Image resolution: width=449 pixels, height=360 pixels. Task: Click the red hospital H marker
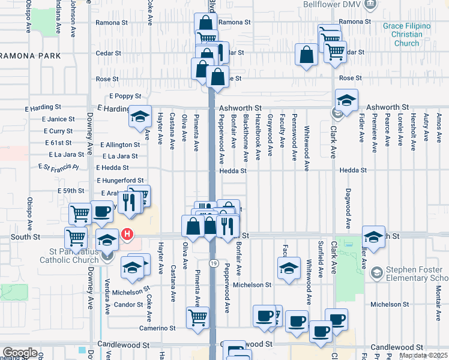(127, 235)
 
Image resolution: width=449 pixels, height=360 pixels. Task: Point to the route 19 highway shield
(214, 263)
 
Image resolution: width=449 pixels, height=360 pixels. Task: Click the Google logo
(19, 353)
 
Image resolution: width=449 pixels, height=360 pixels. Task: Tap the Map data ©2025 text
(423, 355)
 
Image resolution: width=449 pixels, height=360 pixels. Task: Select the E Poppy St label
(124, 96)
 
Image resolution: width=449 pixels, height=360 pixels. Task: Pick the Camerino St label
(158, 328)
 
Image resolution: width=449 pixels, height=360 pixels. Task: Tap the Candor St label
(125, 305)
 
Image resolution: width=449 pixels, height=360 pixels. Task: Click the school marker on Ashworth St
(346, 100)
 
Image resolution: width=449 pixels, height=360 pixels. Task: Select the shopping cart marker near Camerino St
(197, 317)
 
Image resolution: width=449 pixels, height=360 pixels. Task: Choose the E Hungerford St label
(120, 180)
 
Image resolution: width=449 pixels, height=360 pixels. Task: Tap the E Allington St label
(120, 145)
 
